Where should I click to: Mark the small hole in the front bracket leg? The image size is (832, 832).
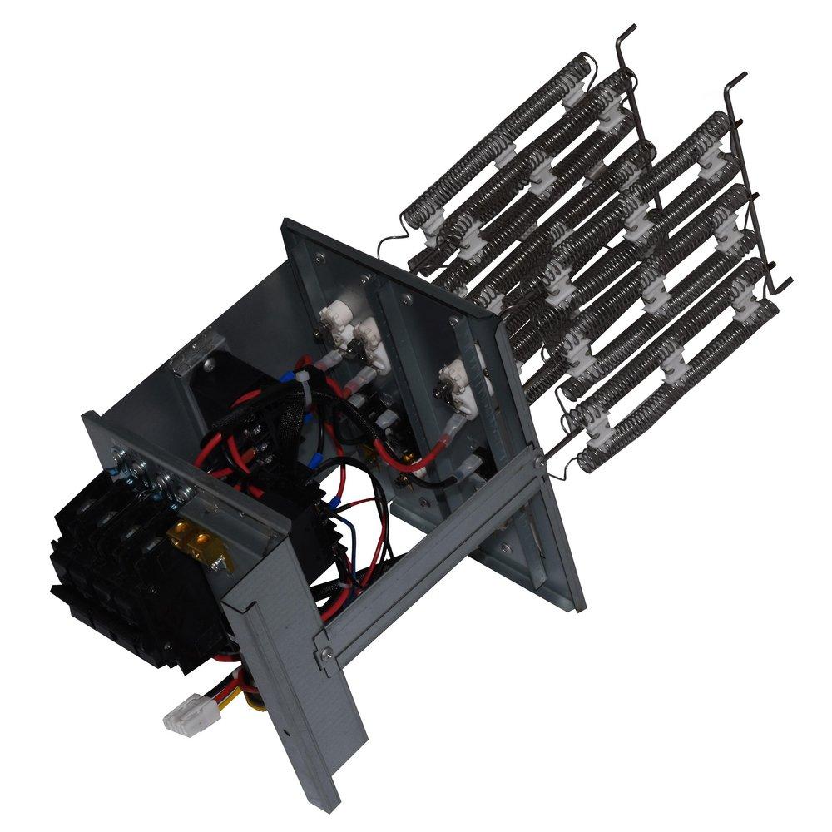[287, 734]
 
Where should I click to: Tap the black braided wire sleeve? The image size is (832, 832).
[333, 416]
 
